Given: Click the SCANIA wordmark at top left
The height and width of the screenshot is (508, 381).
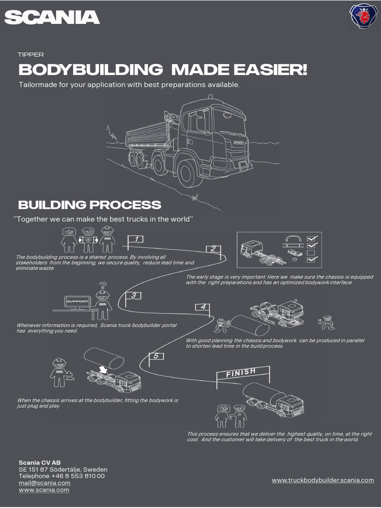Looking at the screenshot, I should click(x=52, y=18).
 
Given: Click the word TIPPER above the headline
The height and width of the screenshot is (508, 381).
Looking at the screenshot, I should click(x=31, y=55).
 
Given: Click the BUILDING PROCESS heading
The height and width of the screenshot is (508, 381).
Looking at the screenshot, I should click(x=89, y=204).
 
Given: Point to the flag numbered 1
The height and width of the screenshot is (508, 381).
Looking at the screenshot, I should click(x=136, y=239).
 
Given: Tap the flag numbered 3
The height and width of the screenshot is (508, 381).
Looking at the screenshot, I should click(x=133, y=296).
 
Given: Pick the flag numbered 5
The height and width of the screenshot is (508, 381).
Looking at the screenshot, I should click(x=156, y=356).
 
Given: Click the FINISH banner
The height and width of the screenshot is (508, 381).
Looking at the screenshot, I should click(x=242, y=372).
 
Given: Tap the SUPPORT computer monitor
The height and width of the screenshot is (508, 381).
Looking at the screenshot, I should click(x=78, y=301).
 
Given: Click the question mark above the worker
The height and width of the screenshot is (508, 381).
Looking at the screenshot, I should click(x=103, y=286).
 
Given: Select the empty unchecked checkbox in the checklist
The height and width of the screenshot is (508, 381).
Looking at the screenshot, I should click(x=312, y=253).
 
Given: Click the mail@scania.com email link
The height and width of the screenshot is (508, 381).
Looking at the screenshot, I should click(x=45, y=483).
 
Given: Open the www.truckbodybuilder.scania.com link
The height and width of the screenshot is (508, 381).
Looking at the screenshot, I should click(x=323, y=480).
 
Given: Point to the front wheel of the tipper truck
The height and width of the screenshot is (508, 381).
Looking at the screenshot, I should click(x=187, y=174).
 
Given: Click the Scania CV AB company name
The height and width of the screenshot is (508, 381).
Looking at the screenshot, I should click(x=40, y=462).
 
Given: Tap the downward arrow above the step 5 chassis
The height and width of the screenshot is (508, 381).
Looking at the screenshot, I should click(x=103, y=369).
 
